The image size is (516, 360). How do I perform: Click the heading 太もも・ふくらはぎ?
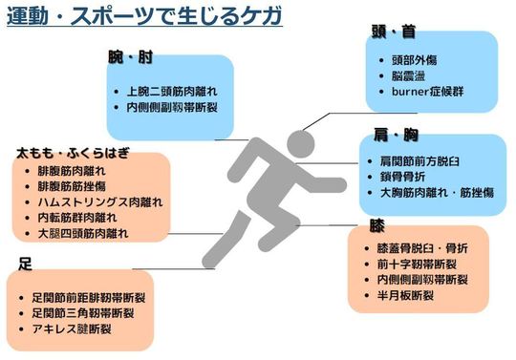(72, 152)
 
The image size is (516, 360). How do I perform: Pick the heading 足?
(26, 262)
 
